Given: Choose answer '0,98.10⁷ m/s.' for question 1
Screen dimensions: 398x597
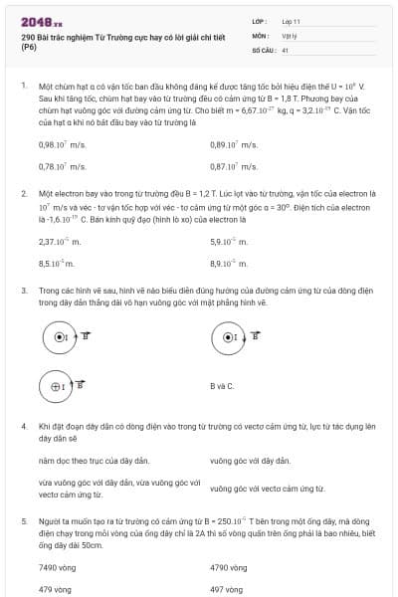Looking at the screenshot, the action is (x=63, y=144).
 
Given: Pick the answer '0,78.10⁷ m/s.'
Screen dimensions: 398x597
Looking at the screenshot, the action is (x=63, y=166).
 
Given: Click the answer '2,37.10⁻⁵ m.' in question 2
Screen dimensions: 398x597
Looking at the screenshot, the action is (x=61, y=242).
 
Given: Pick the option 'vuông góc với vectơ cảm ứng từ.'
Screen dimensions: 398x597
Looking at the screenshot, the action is (x=263, y=489).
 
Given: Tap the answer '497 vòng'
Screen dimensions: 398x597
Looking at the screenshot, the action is (x=227, y=589).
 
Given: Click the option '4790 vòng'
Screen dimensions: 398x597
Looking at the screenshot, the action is (x=229, y=567).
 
